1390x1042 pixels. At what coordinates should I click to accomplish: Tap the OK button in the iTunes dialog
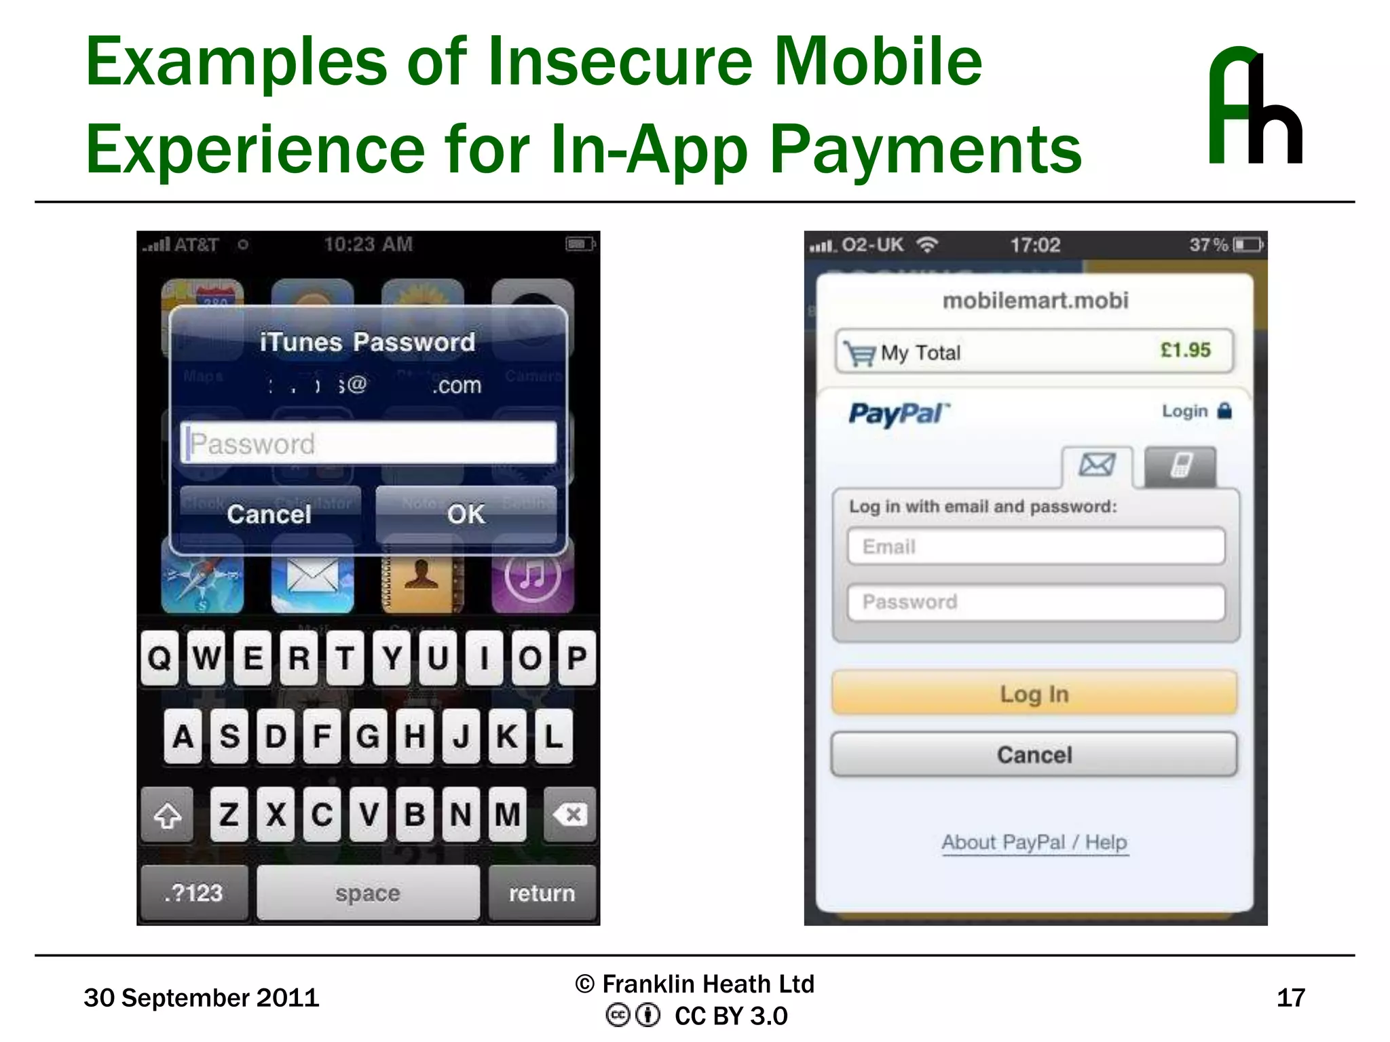point(466,514)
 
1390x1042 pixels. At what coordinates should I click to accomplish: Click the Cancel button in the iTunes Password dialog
point(269,514)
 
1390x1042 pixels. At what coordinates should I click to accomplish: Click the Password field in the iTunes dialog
point(369,443)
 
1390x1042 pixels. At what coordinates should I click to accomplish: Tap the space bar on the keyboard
point(368,893)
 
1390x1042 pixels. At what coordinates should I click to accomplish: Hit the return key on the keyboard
point(542,893)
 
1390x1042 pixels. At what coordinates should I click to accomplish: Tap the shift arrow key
point(168,815)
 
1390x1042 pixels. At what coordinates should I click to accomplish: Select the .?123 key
point(194,893)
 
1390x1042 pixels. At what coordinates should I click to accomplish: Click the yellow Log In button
point(1034,693)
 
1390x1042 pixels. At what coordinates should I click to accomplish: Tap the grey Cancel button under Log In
point(1034,754)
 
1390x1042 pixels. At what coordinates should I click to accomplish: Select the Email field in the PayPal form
point(1036,546)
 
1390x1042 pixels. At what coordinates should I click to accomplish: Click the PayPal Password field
point(1036,602)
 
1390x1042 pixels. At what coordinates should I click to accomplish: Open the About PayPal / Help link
point(1034,843)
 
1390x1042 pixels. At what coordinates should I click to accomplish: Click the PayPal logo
point(899,413)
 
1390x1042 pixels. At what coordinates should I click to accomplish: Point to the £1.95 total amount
point(1185,350)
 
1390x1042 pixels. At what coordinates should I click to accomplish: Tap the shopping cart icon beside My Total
point(859,353)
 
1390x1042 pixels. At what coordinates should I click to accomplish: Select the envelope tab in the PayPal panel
point(1097,465)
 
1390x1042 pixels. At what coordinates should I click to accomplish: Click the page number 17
point(1290,998)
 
